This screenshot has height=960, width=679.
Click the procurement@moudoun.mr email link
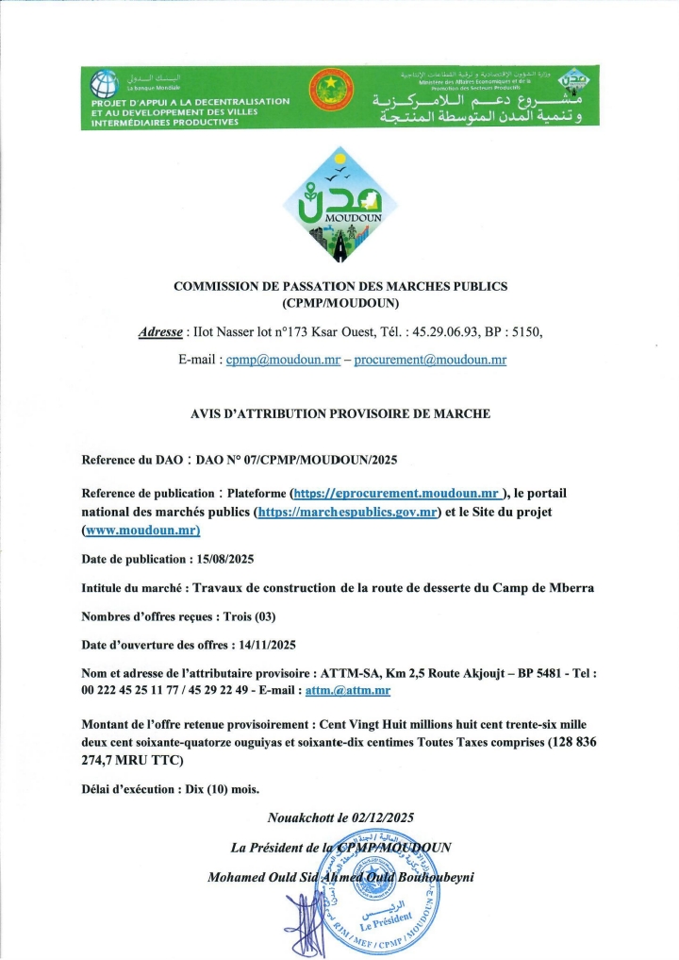point(430,361)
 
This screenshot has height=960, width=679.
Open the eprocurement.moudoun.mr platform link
point(396,494)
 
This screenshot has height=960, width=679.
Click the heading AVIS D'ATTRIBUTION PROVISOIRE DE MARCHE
point(339,413)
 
